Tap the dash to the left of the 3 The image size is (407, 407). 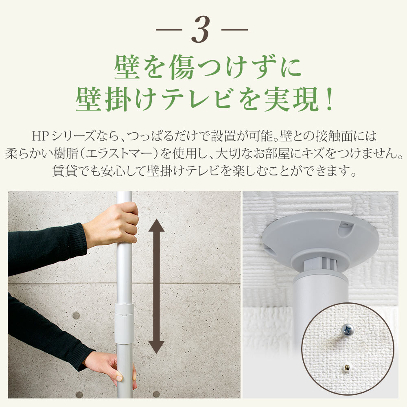coord(169,30)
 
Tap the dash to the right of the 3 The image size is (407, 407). coord(235,30)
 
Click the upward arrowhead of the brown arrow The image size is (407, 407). coord(156,225)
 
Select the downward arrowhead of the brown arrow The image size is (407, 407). coord(156,347)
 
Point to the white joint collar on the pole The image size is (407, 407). coord(124,324)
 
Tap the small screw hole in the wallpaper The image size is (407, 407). coord(347,367)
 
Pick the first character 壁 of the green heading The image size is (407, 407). coord(127,67)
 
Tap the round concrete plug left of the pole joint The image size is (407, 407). coord(76,316)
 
